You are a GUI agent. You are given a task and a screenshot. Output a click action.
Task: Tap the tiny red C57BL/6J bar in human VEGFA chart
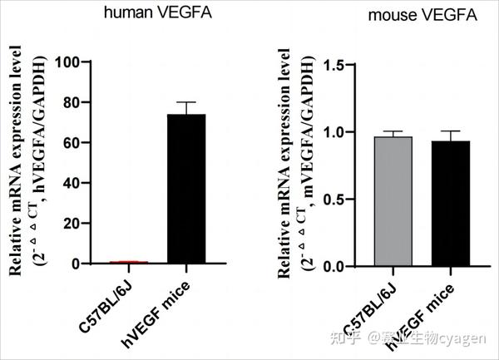coord(129,262)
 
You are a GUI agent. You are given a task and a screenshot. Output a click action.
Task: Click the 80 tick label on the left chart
coord(71,103)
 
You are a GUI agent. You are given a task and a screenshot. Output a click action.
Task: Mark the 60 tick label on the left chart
coord(71,143)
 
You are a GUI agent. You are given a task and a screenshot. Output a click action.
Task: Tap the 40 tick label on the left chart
coord(71,184)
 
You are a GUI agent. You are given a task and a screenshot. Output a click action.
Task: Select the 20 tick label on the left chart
coord(71,224)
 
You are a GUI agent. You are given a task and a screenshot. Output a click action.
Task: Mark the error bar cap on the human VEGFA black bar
coord(185,102)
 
